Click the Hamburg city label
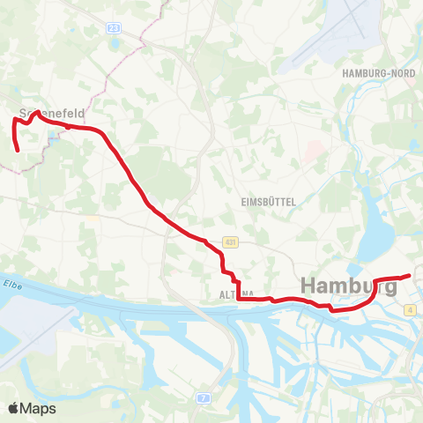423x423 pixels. point(350,286)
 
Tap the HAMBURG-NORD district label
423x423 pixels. point(378,74)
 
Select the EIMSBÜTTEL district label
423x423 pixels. point(267,202)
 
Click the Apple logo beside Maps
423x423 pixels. point(13,408)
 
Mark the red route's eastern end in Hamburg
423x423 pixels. point(410,276)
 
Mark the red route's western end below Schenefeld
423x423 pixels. point(18,152)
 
